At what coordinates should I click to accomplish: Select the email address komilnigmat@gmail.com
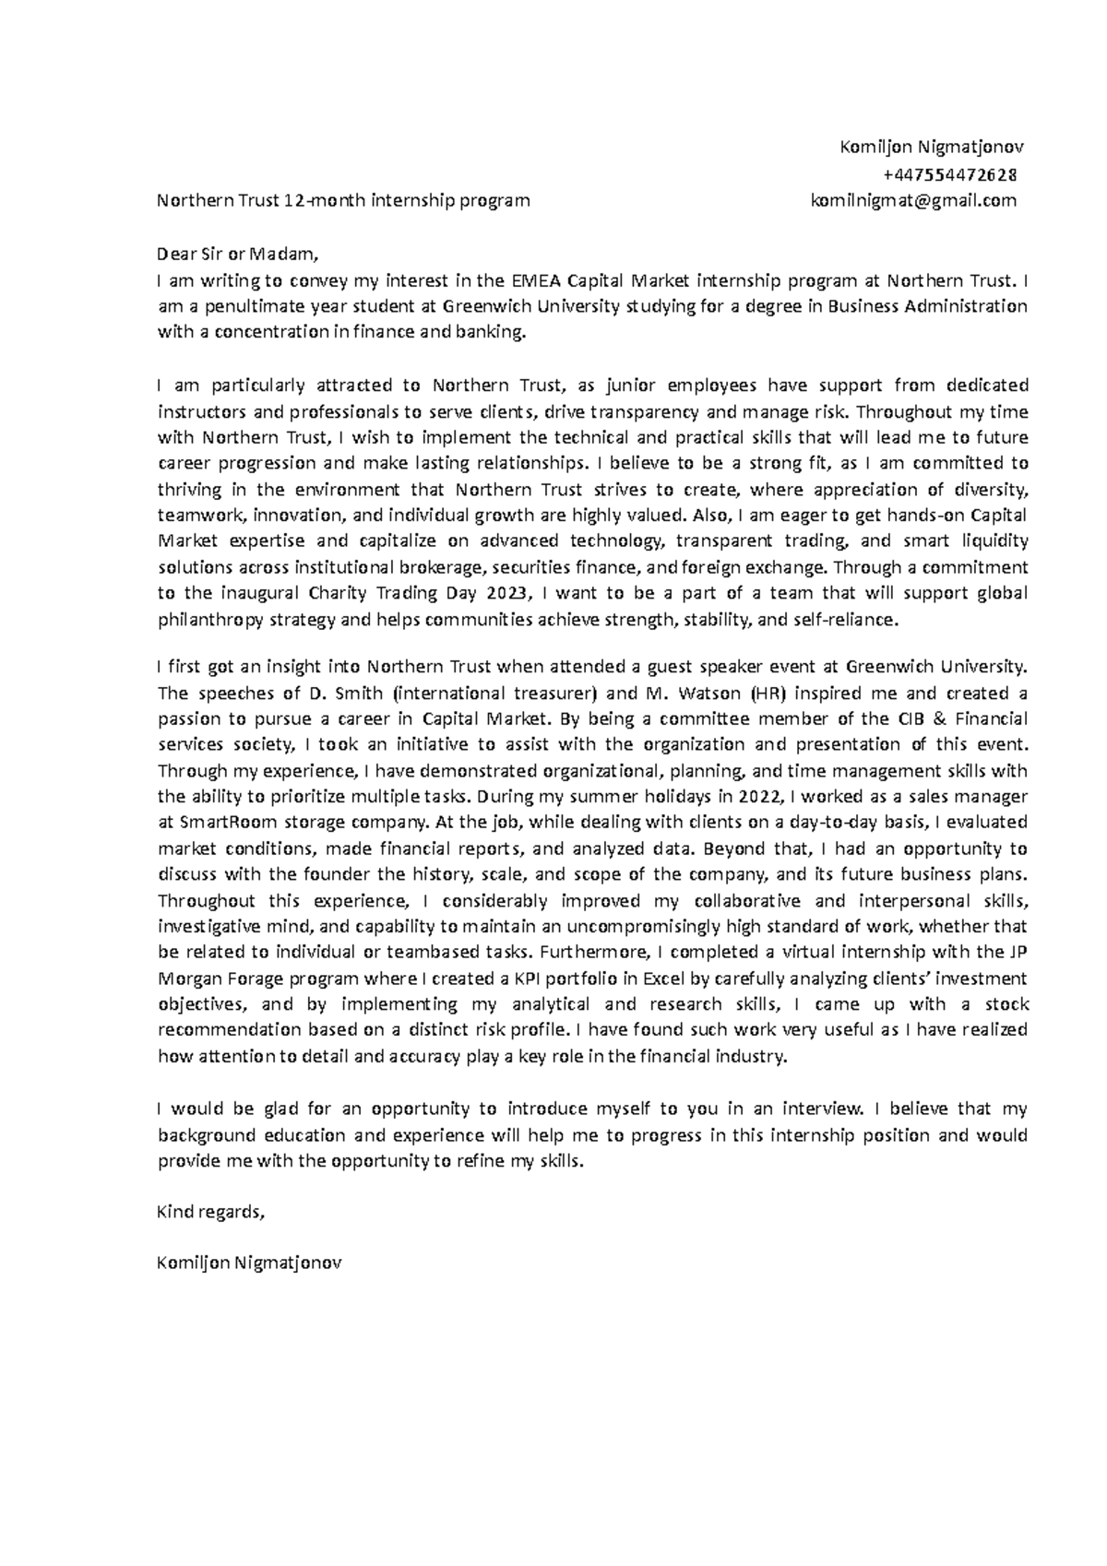pyautogui.click(x=913, y=200)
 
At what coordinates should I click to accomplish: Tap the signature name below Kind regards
pyautogui.click(x=250, y=1263)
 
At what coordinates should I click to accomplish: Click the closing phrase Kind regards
pyautogui.click(x=211, y=1212)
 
